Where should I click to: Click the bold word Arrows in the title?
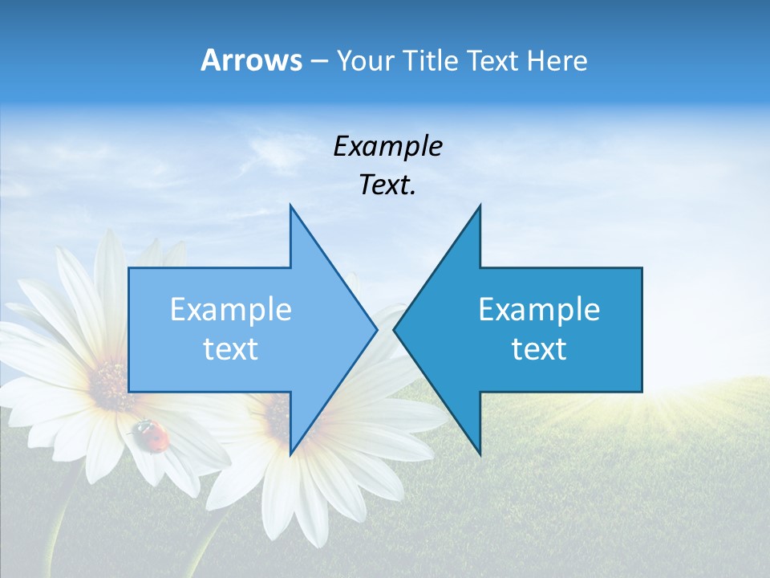pos(251,60)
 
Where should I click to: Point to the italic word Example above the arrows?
pos(387,147)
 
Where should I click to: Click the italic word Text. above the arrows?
pos(387,185)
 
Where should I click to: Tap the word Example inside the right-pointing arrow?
pos(231,310)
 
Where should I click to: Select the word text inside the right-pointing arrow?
pos(231,349)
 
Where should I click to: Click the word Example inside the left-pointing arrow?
pos(539,310)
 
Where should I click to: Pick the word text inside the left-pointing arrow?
pos(539,349)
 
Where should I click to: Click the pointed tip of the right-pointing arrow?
pos(376,329)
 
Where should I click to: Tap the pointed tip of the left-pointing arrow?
pos(395,329)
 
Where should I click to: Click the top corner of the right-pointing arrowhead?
pos(290,206)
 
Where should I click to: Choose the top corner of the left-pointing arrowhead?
pos(480,206)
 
